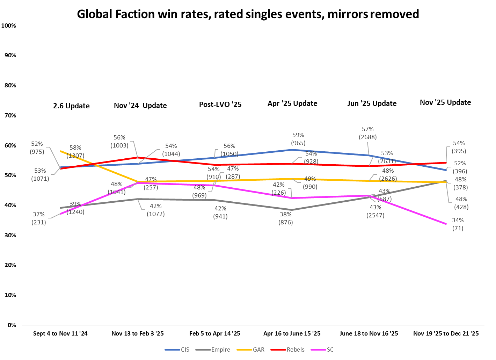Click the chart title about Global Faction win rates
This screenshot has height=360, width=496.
coord(248,14)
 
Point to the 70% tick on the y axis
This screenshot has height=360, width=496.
coord(10,115)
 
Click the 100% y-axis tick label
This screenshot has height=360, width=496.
coord(9,26)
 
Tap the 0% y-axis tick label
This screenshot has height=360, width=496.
coord(12,325)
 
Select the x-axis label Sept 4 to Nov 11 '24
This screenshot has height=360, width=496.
coord(60,333)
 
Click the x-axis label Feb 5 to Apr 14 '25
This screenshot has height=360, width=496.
coord(215,333)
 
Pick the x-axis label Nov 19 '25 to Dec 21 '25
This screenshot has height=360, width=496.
coord(446,333)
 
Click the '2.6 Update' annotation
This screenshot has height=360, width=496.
coord(71,106)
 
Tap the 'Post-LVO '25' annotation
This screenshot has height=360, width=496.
coord(220,105)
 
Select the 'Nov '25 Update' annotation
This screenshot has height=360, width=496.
coord(445,102)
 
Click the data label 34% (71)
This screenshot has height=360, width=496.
coord(458,224)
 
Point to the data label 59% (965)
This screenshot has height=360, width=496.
coord(298,139)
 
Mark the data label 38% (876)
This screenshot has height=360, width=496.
coord(285,218)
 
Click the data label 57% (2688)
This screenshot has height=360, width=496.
coord(368,133)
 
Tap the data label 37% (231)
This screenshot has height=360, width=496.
coord(39,218)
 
